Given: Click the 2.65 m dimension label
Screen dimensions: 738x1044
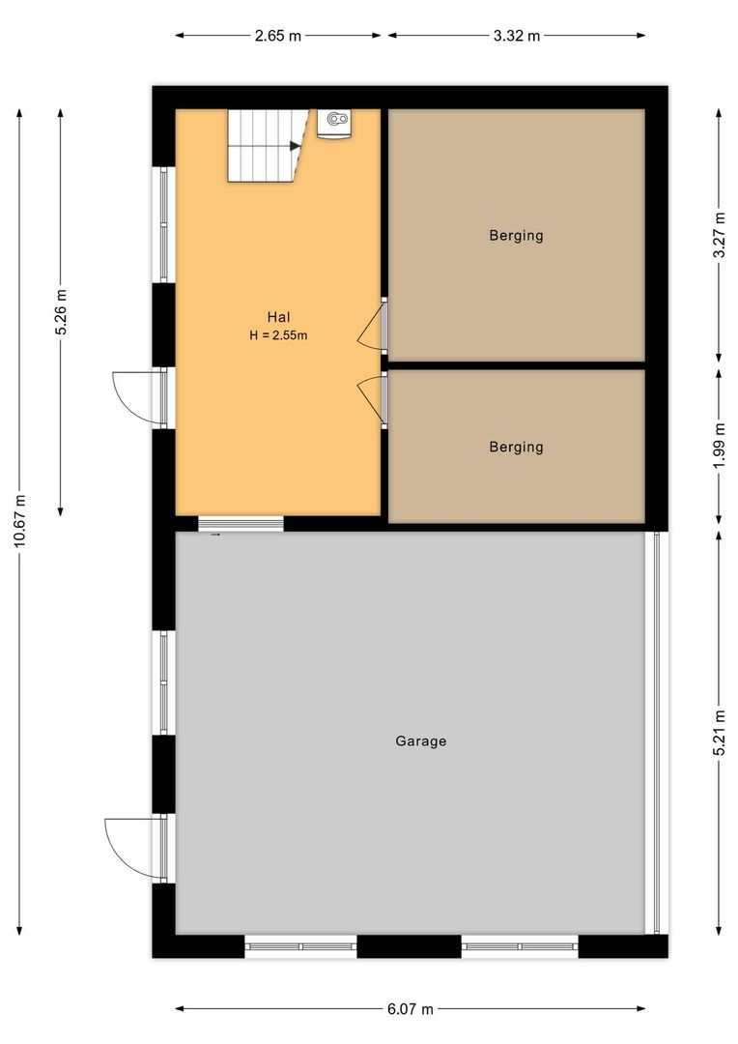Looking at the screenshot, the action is tap(277, 36).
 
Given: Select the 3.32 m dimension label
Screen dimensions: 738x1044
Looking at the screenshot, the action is tap(517, 36).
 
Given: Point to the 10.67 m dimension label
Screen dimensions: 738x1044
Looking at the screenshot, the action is tap(20, 521).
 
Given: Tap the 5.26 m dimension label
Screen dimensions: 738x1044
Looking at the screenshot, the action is tap(61, 312).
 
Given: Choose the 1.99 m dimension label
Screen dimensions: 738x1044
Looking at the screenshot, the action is tap(719, 446).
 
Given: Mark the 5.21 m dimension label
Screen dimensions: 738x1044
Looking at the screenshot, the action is tap(719, 733).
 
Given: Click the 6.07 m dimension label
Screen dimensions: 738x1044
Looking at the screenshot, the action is tap(410, 1008).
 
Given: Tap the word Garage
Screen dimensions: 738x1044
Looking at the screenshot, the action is tap(420, 741).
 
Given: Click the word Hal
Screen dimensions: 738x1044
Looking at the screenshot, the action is tap(278, 317).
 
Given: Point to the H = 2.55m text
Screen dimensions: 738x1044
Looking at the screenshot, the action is tap(278, 334).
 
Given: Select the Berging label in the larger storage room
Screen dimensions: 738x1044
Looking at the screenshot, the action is tap(516, 236).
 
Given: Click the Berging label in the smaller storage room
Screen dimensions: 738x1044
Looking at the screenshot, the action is tap(516, 447).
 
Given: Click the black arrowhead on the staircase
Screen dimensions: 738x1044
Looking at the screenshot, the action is tap(295, 146).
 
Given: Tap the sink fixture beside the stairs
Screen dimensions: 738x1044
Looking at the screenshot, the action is tap(335, 124).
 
